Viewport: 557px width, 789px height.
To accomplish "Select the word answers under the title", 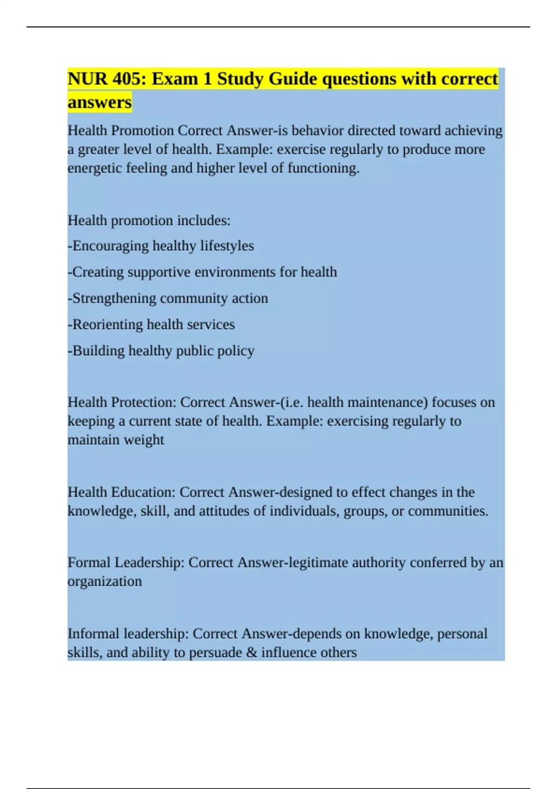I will [99, 102].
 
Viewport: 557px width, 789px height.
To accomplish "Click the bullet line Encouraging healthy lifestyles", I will [161, 246].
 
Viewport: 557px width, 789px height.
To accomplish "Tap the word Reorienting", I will [104, 324].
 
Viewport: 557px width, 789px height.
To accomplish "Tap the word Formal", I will [89, 563].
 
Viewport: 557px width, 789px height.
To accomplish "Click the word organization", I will [104, 582].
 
